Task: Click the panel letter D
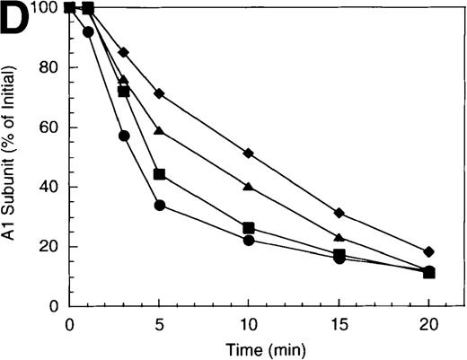click(x=20, y=22)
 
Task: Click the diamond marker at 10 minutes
click(x=249, y=154)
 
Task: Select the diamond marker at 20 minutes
click(x=429, y=252)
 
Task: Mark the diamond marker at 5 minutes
click(x=159, y=94)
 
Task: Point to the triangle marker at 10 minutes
click(x=249, y=187)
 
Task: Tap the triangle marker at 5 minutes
click(x=159, y=131)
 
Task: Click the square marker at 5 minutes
click(x=159, y=174)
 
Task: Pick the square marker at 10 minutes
click(x=249, y=228)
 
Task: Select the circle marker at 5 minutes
click(x=159, y=206)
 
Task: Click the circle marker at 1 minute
click(x=87, y=32)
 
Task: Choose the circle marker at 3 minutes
click(x=124, y=136)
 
